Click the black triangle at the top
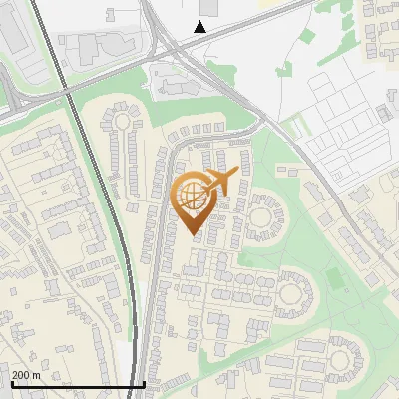pyautogui.click(x=200, y=27)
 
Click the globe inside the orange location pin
pyautogui.click(x=192, y=196)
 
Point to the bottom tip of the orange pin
pyautogui.click(x=195, y=235)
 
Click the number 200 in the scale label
pyautogui.click(x=21, y=375)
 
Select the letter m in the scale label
pyautogui.click(x=37, y=375)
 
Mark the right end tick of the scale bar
pyautogui.click(x=145, y=383)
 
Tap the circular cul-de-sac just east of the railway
pyautogui.click(x=121, y=122)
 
